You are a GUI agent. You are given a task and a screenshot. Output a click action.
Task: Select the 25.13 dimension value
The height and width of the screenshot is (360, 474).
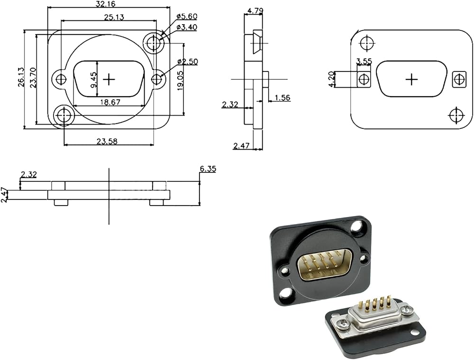[x=114, y=17]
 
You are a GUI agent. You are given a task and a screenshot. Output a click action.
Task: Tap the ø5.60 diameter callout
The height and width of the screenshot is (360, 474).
[x=187, y=16]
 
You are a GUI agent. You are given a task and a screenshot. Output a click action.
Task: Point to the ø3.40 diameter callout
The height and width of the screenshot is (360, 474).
[x=187, y=27]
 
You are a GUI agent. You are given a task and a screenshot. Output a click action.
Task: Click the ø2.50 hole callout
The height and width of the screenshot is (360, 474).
[x=188, y=62]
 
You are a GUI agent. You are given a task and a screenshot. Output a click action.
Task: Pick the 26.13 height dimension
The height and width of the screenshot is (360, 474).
[x=21, y=77]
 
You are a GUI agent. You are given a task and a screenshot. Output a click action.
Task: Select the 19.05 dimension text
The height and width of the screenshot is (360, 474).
[x=181, y=80]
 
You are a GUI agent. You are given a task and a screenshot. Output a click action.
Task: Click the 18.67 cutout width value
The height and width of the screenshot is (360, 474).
[x=110, y=102]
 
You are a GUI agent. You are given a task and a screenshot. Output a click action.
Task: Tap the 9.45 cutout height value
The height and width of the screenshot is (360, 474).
[x=93, y=79]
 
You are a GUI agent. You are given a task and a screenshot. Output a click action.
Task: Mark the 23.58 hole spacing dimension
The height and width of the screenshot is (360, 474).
[x=107, y=141]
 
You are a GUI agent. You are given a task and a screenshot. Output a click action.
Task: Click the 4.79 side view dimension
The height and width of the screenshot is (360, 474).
[x=255, y=11]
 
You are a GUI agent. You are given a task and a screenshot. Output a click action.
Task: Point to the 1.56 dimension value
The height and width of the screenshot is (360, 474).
[x=283, y=98]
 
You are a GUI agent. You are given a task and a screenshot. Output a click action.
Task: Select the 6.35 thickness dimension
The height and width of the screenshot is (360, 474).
[x=208, y=169]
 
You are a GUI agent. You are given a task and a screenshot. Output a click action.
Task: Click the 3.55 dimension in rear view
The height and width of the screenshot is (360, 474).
[x=364, y=61]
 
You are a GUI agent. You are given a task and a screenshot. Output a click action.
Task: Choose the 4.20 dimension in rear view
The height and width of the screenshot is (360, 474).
[x=331, y=79]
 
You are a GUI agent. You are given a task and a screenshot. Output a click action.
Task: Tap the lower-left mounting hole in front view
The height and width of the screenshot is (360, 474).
[x=64, y=115]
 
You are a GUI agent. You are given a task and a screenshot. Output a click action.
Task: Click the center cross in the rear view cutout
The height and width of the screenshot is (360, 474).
[x=411, y=79]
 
